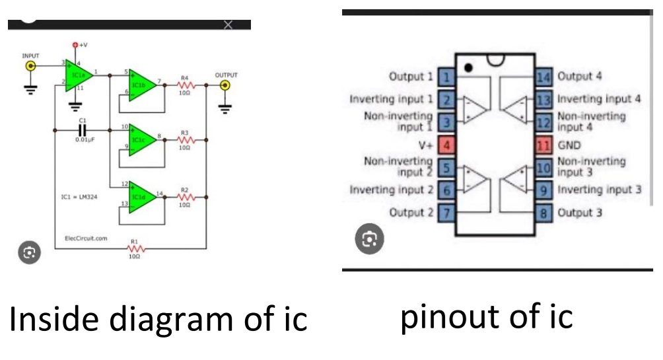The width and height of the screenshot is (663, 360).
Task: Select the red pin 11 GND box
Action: (x=543, y=145)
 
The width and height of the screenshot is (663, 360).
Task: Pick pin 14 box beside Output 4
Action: (x=543, y=77)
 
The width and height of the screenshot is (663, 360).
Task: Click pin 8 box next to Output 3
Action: (x=543, y=213)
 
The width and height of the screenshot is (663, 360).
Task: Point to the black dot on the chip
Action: (x=468, y=67)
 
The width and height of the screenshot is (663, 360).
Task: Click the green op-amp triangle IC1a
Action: (x=78, y=74)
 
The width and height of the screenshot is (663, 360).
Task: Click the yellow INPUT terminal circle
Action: (x=30, y=66)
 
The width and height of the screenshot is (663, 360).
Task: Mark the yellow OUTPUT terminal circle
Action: (x=226, y=85)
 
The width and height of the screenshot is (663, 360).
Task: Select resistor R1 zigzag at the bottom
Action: (x=135, y=249)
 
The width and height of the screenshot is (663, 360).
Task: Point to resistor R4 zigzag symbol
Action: (x=185, y=85)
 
